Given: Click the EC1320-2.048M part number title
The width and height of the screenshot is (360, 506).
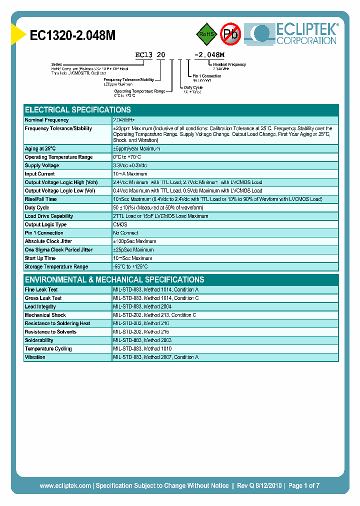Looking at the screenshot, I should tap(72, 35).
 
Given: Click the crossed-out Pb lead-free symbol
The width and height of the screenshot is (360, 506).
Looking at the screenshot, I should tap(231, 33).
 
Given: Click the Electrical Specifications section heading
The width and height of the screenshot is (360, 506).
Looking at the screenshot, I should tap(78, 109).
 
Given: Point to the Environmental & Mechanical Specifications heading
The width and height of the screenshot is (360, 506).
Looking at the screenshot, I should tap(114, 279).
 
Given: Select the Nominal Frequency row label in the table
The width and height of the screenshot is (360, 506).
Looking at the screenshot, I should tap(47, 120).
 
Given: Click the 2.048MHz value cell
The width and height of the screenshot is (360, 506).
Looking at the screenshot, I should tap(124, 120).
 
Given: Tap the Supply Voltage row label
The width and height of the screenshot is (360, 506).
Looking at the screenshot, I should tap(42, 165).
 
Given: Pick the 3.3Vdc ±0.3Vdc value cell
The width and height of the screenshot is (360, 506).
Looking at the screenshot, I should tap(130, 165).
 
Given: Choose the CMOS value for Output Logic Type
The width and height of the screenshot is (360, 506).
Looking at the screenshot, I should tap(120, 224).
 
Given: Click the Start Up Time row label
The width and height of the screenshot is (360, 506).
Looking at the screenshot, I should tap(40, 258).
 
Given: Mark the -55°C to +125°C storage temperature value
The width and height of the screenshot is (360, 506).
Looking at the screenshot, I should tap(130, 266).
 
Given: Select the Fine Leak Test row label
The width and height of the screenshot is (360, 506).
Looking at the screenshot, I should tap(41, 289).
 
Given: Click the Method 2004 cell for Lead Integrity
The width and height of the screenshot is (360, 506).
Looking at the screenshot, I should tap(142, 306).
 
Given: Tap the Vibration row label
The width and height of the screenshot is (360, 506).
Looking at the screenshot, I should tap(35, 357).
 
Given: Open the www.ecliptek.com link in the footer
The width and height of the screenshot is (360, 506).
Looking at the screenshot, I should tap(65, 485).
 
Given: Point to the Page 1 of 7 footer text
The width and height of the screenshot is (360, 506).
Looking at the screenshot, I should tap(303, 485).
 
